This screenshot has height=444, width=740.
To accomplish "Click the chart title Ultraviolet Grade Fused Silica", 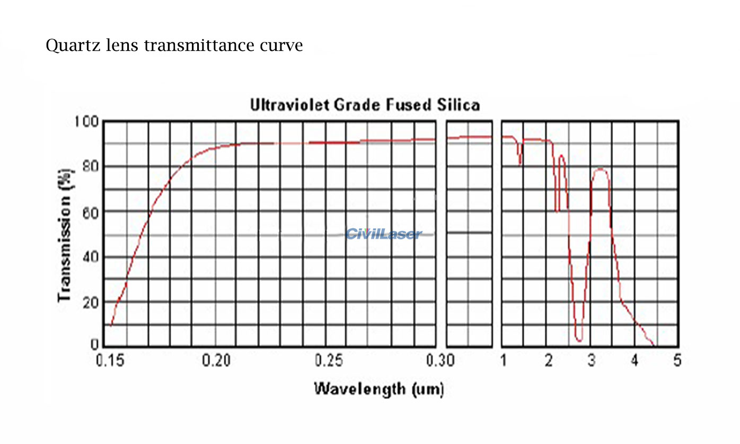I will (x=365, y=105).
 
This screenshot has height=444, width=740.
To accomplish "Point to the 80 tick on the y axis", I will (x=91, y=166).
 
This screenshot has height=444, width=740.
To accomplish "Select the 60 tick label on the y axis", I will (x=91, y=212).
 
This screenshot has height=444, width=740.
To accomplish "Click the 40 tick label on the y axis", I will (x=91, y=257).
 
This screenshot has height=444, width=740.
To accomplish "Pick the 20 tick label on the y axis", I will (x=91, y=303).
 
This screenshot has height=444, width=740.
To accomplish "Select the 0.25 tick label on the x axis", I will (x=329, y=361).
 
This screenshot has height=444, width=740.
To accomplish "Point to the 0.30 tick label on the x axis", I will (x=439, y=361).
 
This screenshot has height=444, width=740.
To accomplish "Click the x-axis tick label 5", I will (x=677, y=361).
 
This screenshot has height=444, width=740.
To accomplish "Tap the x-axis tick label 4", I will (x=635, y=361).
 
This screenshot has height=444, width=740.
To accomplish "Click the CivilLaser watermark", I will (x=384, y=234).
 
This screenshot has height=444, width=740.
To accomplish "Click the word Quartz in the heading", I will (x=69, y=46).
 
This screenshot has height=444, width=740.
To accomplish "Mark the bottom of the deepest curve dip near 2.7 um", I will (x=578, y=340).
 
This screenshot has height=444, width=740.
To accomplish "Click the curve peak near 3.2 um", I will (x=600, y=169).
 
